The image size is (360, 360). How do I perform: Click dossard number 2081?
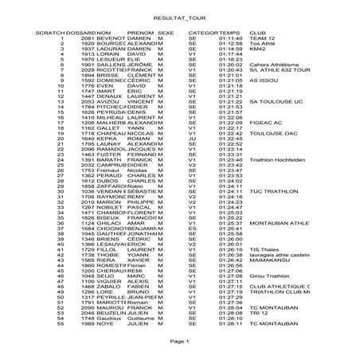pos(88,37)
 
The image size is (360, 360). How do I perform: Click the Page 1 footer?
pos(179,340)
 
